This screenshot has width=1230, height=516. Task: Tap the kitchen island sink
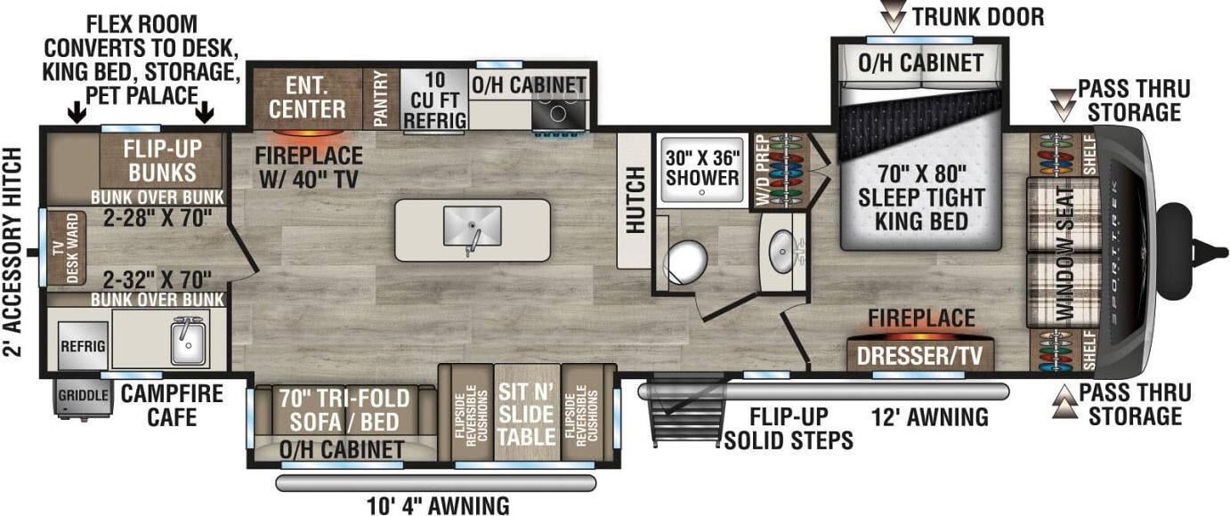471,228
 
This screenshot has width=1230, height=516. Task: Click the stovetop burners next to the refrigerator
560,114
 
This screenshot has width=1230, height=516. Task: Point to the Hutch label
635,200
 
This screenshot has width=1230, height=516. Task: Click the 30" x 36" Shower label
703,166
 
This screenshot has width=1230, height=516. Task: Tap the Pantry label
381,99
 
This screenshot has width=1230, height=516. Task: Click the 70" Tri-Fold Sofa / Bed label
333,409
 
